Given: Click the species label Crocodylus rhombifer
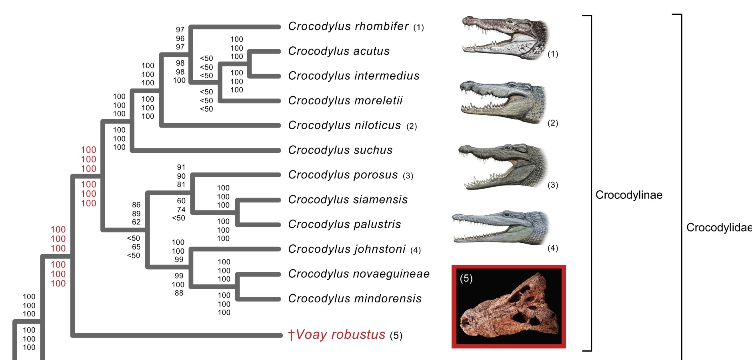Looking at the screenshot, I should (x=348, y=26).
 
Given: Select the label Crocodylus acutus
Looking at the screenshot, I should (x=339, y=51).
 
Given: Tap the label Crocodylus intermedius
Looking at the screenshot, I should (x=354, y=76).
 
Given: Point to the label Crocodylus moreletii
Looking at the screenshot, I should (x=345, y=100).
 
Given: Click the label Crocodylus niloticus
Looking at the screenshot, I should (x=344, y=126).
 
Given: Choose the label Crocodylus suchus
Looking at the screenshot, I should (x=340, y=150).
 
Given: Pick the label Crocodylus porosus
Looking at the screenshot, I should (x=343, y=175).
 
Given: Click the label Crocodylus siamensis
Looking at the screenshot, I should (x=348, y=200).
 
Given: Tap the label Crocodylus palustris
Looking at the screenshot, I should (x=344, y=224).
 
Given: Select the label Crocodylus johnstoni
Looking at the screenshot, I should (x=347, y=249).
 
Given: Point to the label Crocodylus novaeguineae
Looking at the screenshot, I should (x=359, y=274).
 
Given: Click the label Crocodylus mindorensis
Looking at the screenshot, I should (x=355, y=299).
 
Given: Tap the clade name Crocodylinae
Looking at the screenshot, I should (x=629, y=195).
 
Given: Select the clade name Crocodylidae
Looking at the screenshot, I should (x=719, y=228).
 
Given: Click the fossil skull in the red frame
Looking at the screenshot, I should (x=508, y=307).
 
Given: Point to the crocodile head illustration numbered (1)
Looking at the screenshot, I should (x=506, y=38).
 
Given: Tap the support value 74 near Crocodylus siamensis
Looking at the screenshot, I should (x=181, y=210).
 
